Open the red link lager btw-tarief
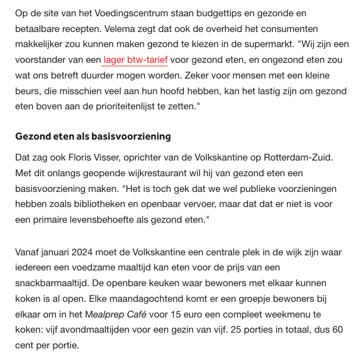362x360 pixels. click(x=135, y=59)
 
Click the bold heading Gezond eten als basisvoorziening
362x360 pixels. click(x=93, y=136)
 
